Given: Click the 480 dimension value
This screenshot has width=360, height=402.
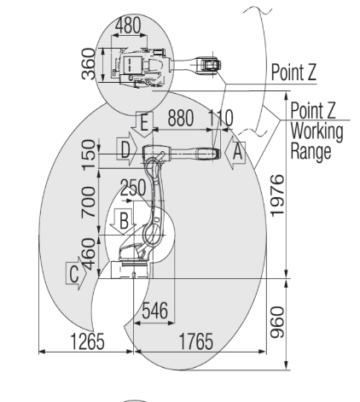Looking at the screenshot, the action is pyautogui.click(x=128, y=26).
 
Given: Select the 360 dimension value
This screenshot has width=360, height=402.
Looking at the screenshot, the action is pyautogui.click(x=89, y=64).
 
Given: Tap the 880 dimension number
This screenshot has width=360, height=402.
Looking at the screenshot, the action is pyautogui.click(x=181, y=118).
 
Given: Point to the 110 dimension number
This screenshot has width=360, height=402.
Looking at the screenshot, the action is pyautogui.click(x=221, y=118).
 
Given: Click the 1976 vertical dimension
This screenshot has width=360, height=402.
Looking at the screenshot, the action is pyautogui.click(x=277, y=195).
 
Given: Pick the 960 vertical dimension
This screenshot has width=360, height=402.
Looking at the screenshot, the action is pyautogui.click(x=277, y=323).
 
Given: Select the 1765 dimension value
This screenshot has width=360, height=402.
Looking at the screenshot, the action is pyautogui.click(x=196, y=341).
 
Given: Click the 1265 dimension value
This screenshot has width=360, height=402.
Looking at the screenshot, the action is pyautogui.click(x=87, y=341).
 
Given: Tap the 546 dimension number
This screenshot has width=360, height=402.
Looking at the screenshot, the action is pyautogui.click(x=155, y=311).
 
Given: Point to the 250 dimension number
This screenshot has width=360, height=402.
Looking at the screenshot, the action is pyautogui.click(x=133, y=188).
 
